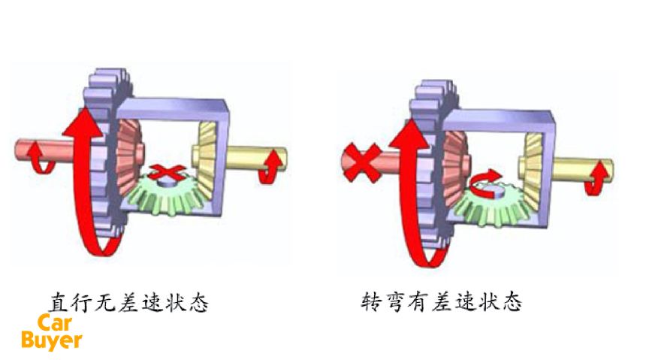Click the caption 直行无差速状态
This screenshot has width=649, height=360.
point(128,304)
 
